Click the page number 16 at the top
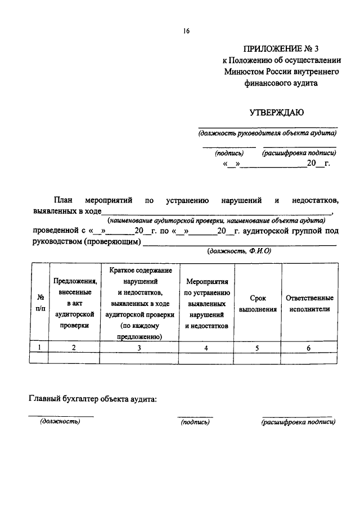pyautogui.click(x=186, y=31)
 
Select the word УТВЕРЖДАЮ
pyautogui.click(x=277, y=112)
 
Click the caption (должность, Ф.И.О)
pyautogui.click(x=239, y=251)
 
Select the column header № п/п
pyautogui.click(x=40, y=304)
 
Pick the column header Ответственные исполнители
pyautogui.click(x=309, y=304)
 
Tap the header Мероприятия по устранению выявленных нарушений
pyautogui.click(x=206, y=304)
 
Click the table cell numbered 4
pyautogui.click(x=206, y=348)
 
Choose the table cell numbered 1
pyautogui.click(x=39, y=348)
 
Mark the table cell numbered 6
pyautogui.click(x=309, y=348)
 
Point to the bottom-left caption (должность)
pyautogui.click(x=60, y=422)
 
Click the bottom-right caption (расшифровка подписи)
pyautogui.click(x=298, y=422)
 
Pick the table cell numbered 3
pyautogui.click(x=139, y=348)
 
